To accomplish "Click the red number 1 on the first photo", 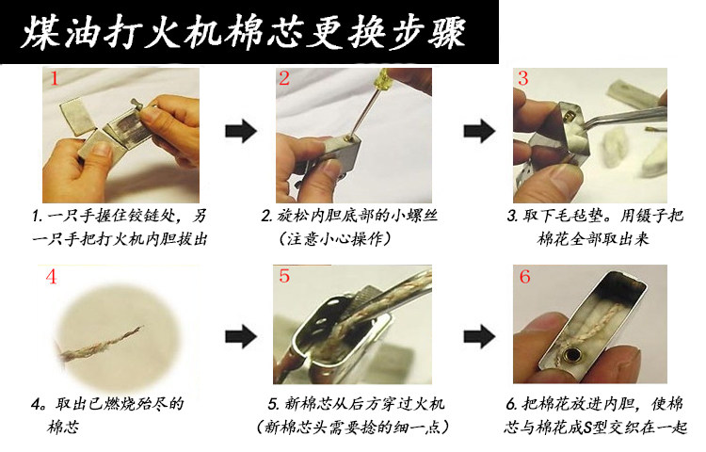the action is click(x=54, y=79).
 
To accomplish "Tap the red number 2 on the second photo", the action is click(x=284, y=78).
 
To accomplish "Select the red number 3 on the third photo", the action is click(x=522, y=78).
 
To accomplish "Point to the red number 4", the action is click(x=52, y=277).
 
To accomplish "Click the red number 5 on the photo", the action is click(x=284, y=276).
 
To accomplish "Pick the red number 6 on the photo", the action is click(x=524, y=276).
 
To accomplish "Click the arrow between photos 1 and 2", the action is click(x=241, y=131).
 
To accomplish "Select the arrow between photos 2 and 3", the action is click(x=479, y=131).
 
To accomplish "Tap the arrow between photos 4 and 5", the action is click(x=241, y=336).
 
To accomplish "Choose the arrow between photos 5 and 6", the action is click(x=479, y=336).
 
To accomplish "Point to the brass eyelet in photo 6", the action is click(x=573, y=356).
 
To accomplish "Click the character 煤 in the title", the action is click(x=40, y=31).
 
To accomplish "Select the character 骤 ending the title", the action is click(x=446, y=31).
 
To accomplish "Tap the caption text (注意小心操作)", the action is click(x=334, y=238).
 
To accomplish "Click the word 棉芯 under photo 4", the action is click(x=62, y=427).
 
